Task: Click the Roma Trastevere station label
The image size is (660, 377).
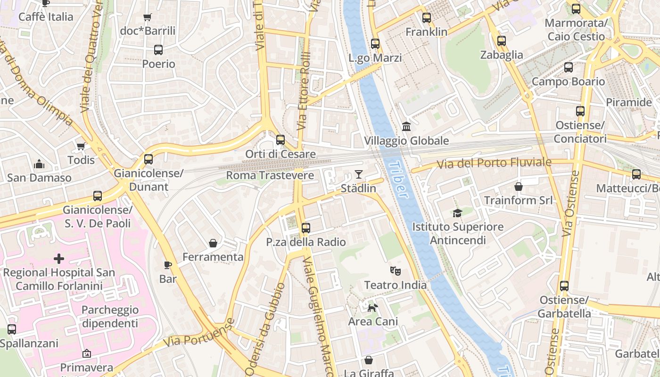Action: tap(270, 176)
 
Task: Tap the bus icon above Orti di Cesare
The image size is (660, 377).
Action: tap(280, 140)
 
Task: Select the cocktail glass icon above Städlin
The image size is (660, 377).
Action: tap(359, 174)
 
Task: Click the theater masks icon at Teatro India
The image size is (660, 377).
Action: tap(395, 271)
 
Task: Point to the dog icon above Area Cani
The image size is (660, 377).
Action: tap(372, 308)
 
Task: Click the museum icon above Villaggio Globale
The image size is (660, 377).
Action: tap(406, 126)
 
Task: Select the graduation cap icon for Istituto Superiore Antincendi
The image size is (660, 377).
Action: tap(457, 213)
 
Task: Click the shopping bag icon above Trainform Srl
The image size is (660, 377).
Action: tap(519, 187)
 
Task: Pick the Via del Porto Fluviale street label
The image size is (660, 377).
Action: tap(494, 164)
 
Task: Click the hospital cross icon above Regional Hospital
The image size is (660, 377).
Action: tap(59, 259)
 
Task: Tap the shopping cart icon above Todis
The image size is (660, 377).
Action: tap(81, 146)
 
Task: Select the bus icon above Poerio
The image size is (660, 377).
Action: tap(158, 50)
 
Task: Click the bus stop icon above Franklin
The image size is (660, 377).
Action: tap(427, 18)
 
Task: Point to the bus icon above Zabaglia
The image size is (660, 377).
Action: tap(502, 41)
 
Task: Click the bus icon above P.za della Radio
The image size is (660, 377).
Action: tap(305, 228)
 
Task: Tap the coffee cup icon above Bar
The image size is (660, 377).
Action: tap(167, 265)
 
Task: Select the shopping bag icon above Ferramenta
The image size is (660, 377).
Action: tap(213, 243)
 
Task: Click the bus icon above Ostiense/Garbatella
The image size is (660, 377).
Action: tap(564, 286)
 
